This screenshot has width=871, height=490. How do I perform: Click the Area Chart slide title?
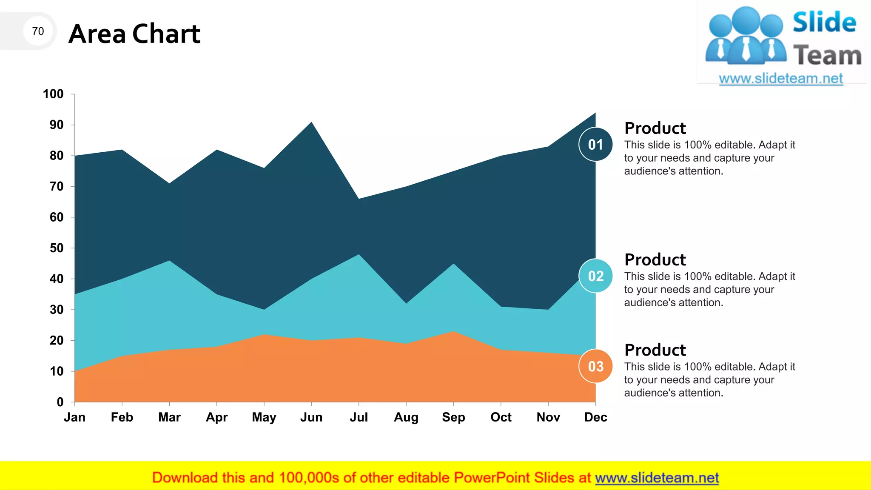[134, 34]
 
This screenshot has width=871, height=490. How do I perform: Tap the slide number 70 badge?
[38, 31]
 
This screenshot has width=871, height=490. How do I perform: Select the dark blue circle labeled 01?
[595, 145]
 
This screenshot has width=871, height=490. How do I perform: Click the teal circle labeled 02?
[595, 276]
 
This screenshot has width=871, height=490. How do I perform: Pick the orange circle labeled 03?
[595, 366]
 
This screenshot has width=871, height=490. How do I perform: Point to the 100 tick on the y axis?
[53, 94]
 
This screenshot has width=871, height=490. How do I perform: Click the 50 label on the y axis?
[56, 248]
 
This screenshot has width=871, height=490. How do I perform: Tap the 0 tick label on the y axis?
[60, 402]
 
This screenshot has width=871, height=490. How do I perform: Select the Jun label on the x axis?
[311, 417]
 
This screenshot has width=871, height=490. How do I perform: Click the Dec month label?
[595, 417]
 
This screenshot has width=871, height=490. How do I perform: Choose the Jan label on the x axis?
[75, 417]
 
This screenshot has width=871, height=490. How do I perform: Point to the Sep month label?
[453, 417]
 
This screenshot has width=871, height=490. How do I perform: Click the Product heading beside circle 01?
[655, 128]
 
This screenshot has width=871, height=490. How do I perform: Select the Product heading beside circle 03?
[655, 350]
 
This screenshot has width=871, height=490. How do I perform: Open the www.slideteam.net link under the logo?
[781, 79]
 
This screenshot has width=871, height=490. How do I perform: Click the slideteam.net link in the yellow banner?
[657, 478]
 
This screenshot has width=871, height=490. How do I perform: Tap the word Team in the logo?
[827, 56]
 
